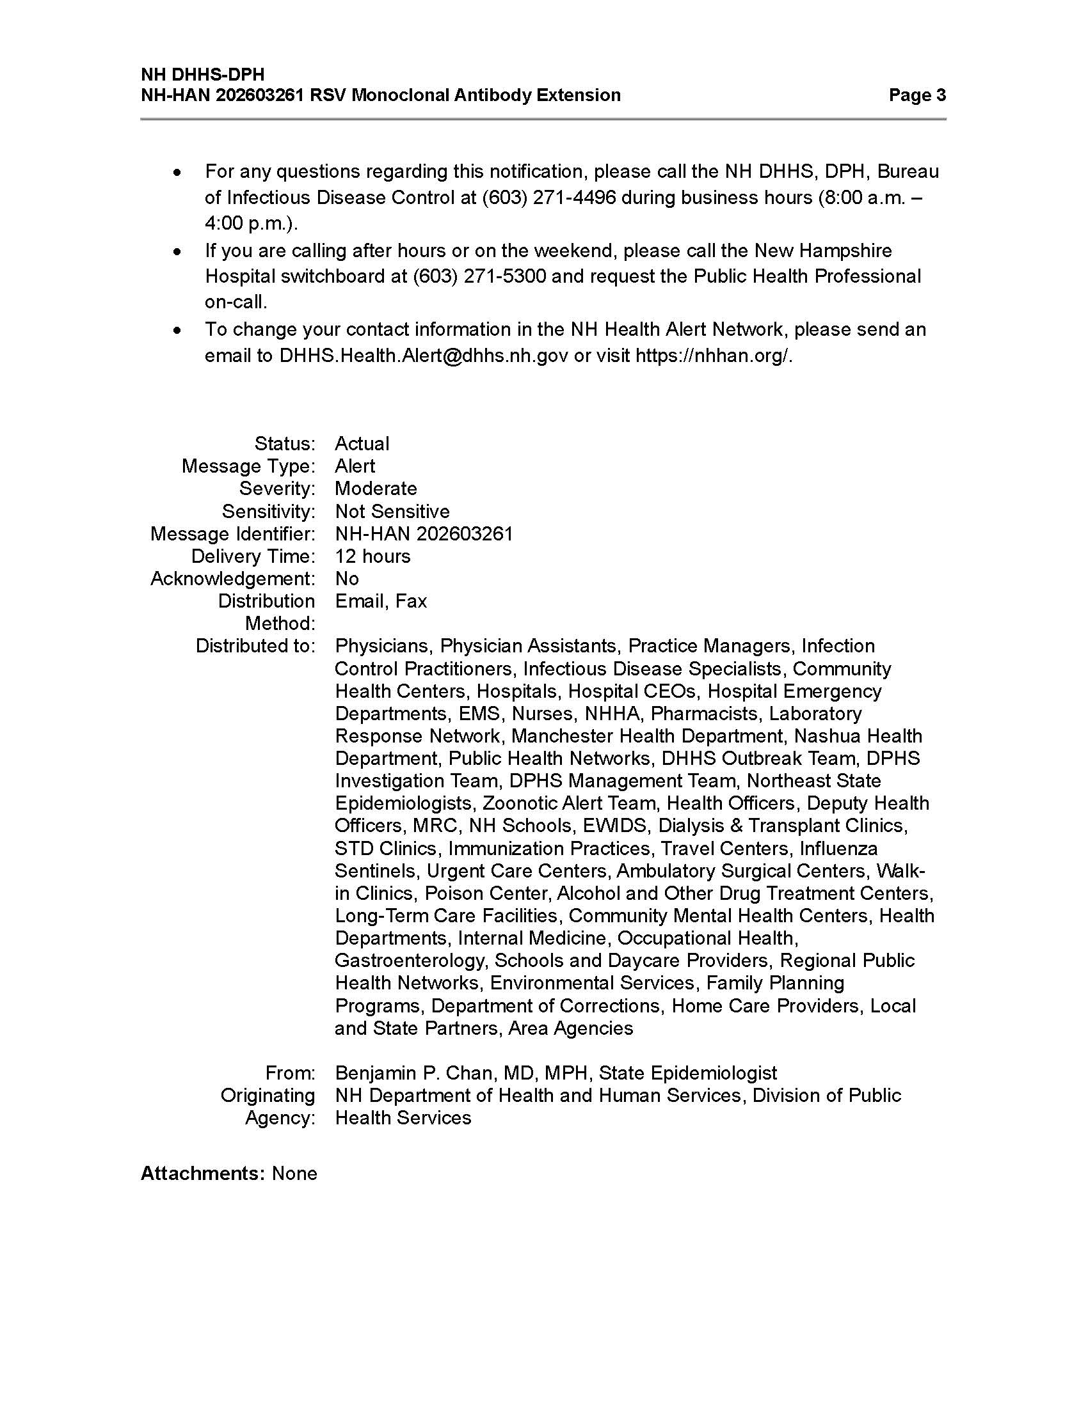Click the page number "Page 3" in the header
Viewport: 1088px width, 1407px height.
tap(916, 95)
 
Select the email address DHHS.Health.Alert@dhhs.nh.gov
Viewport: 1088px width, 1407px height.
tap(424, 356)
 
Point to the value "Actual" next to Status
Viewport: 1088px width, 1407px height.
tap(362, 444)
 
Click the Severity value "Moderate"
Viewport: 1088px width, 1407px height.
tap(375, 489)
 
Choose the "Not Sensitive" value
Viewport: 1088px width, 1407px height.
tap(392, 512)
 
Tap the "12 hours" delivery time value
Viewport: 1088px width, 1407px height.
tap(372, 556)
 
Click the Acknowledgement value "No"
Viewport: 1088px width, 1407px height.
tap(346, 579)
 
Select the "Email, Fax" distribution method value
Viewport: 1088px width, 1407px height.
tap(380, 601)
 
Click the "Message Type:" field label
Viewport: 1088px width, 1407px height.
tap(248, 466)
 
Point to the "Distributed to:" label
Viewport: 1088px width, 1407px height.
tap(255, 646)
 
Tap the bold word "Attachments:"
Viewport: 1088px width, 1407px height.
tap(202, 1173)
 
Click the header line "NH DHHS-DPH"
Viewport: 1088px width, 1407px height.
tap(202, 75)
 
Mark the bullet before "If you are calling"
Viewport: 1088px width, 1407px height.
tap(177, 252)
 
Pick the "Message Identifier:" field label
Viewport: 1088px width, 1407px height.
tap(233, 534)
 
